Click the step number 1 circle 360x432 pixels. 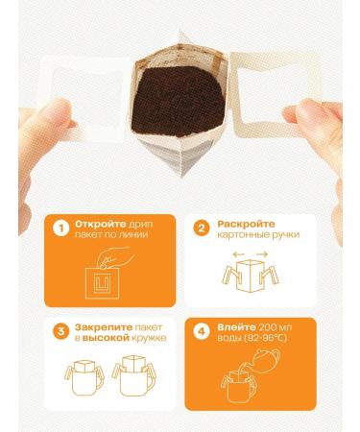pyautogui.click(x=60, y=228)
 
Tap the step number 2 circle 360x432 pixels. pyautogui.click(x=200, y=228)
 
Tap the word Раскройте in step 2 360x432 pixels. pyautogui.click(x=241, y=223)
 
